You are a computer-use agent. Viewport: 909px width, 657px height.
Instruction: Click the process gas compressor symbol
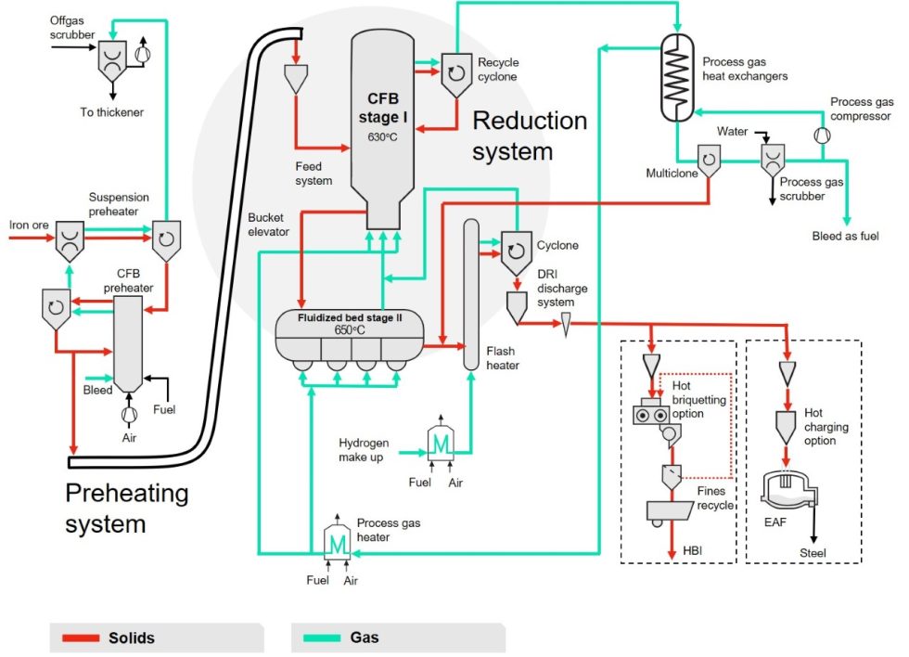pyautogui.click(x=821, y=135)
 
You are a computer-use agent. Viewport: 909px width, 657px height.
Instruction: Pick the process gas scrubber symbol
pyautogui.click(x=772, y=161)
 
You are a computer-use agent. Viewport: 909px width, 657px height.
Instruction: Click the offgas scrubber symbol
pyautogui.click(x=114, y=59)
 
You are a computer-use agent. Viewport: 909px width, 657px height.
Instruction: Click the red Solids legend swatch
pyautogui.click(x=80, y=638)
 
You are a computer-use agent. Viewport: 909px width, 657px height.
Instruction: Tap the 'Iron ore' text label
pyautogui.click(x=29, y=224)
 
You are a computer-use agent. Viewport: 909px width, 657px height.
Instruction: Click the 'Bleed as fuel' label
pyautogui.click(x=845, y=237)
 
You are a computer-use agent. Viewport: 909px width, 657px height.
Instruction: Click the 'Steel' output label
pyautogui.click(x=812, y=554)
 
